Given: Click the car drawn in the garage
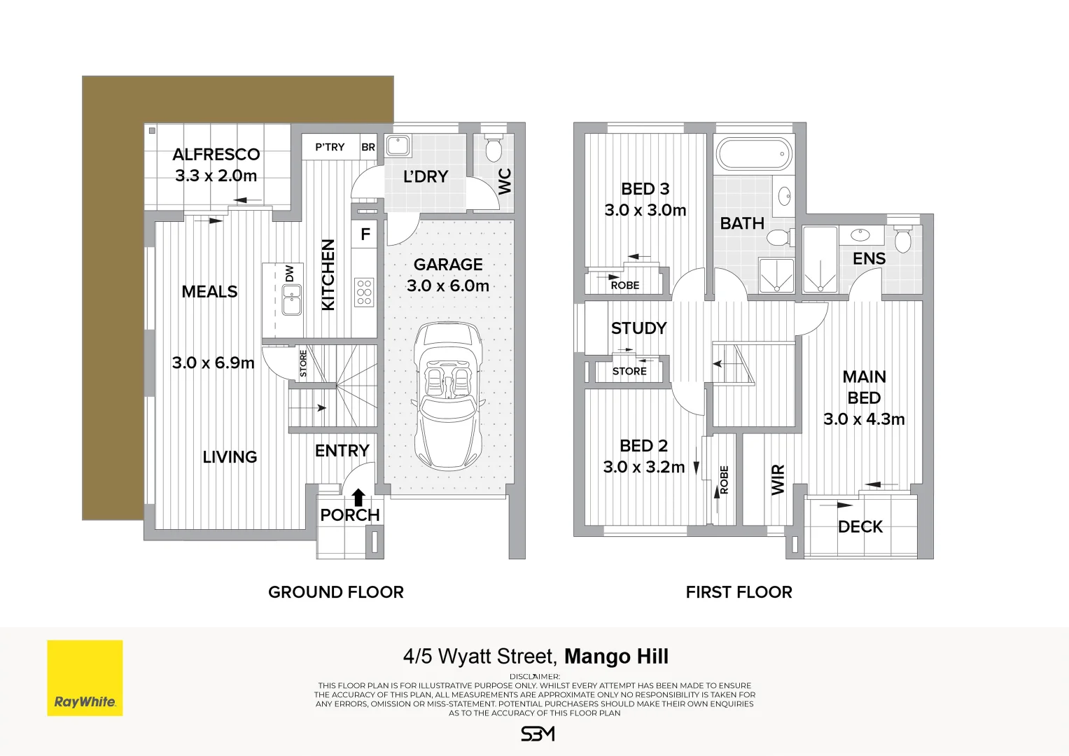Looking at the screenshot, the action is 447,395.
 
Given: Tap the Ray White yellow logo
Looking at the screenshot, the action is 85,678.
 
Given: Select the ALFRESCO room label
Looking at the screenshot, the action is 216,155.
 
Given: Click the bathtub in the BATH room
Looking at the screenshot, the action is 755,154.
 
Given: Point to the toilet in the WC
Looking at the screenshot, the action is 494,147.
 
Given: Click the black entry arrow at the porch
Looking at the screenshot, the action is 358,497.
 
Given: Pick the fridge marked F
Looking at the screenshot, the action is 365,234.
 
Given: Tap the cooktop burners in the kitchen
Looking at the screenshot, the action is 364,292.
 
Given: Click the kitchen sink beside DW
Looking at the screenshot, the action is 292,300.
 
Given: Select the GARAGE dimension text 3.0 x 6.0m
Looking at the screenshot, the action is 447,286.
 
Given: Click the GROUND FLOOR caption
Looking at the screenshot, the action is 336,592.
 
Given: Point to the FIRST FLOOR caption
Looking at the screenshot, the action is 739,592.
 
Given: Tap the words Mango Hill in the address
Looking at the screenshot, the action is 617,657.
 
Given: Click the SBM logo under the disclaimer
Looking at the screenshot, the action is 538,734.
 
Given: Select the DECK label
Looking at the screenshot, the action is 860,527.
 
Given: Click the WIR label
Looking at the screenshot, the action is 778,479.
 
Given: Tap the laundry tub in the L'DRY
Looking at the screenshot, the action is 398,146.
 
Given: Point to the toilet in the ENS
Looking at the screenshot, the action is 903,239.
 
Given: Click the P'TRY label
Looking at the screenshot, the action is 330,147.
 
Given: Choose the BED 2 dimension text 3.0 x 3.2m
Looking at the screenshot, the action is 644,468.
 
